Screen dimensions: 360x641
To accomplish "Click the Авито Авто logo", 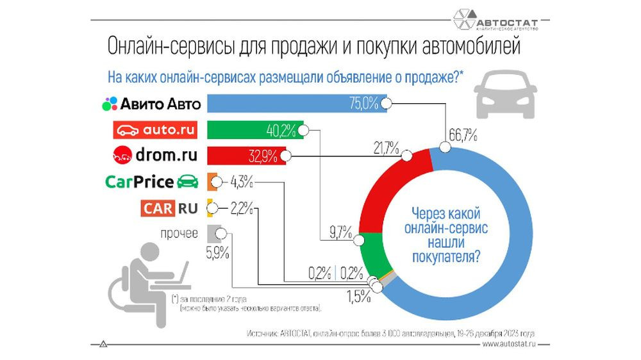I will pyautogui.click(x=152, y=103).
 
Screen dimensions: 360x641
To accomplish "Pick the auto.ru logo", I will pyautogui.click(x=154, y=130).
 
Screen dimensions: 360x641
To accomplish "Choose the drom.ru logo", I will pyautogui.click(x=154, y=156).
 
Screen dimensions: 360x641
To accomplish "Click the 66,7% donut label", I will pyautogui.click(x=462, y=136).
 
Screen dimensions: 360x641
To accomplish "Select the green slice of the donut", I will pyautogui.click(x=372, y=256).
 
